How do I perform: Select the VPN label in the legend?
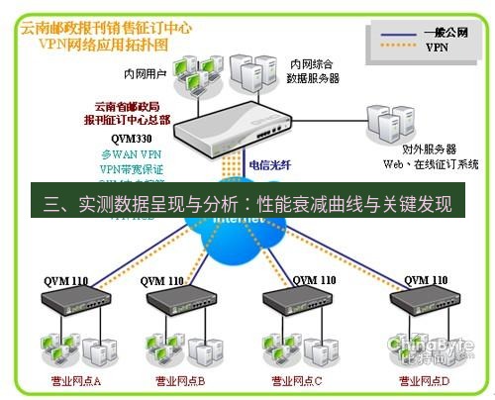click(x=437, y=47)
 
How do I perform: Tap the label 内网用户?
click(x=145, y=71)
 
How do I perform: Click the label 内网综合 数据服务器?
click(x=313, y=70)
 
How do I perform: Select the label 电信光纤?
click(x=270, y=165)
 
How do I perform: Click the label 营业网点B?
click(x=180, y=381)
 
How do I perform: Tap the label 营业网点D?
click(x=424, y=381)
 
